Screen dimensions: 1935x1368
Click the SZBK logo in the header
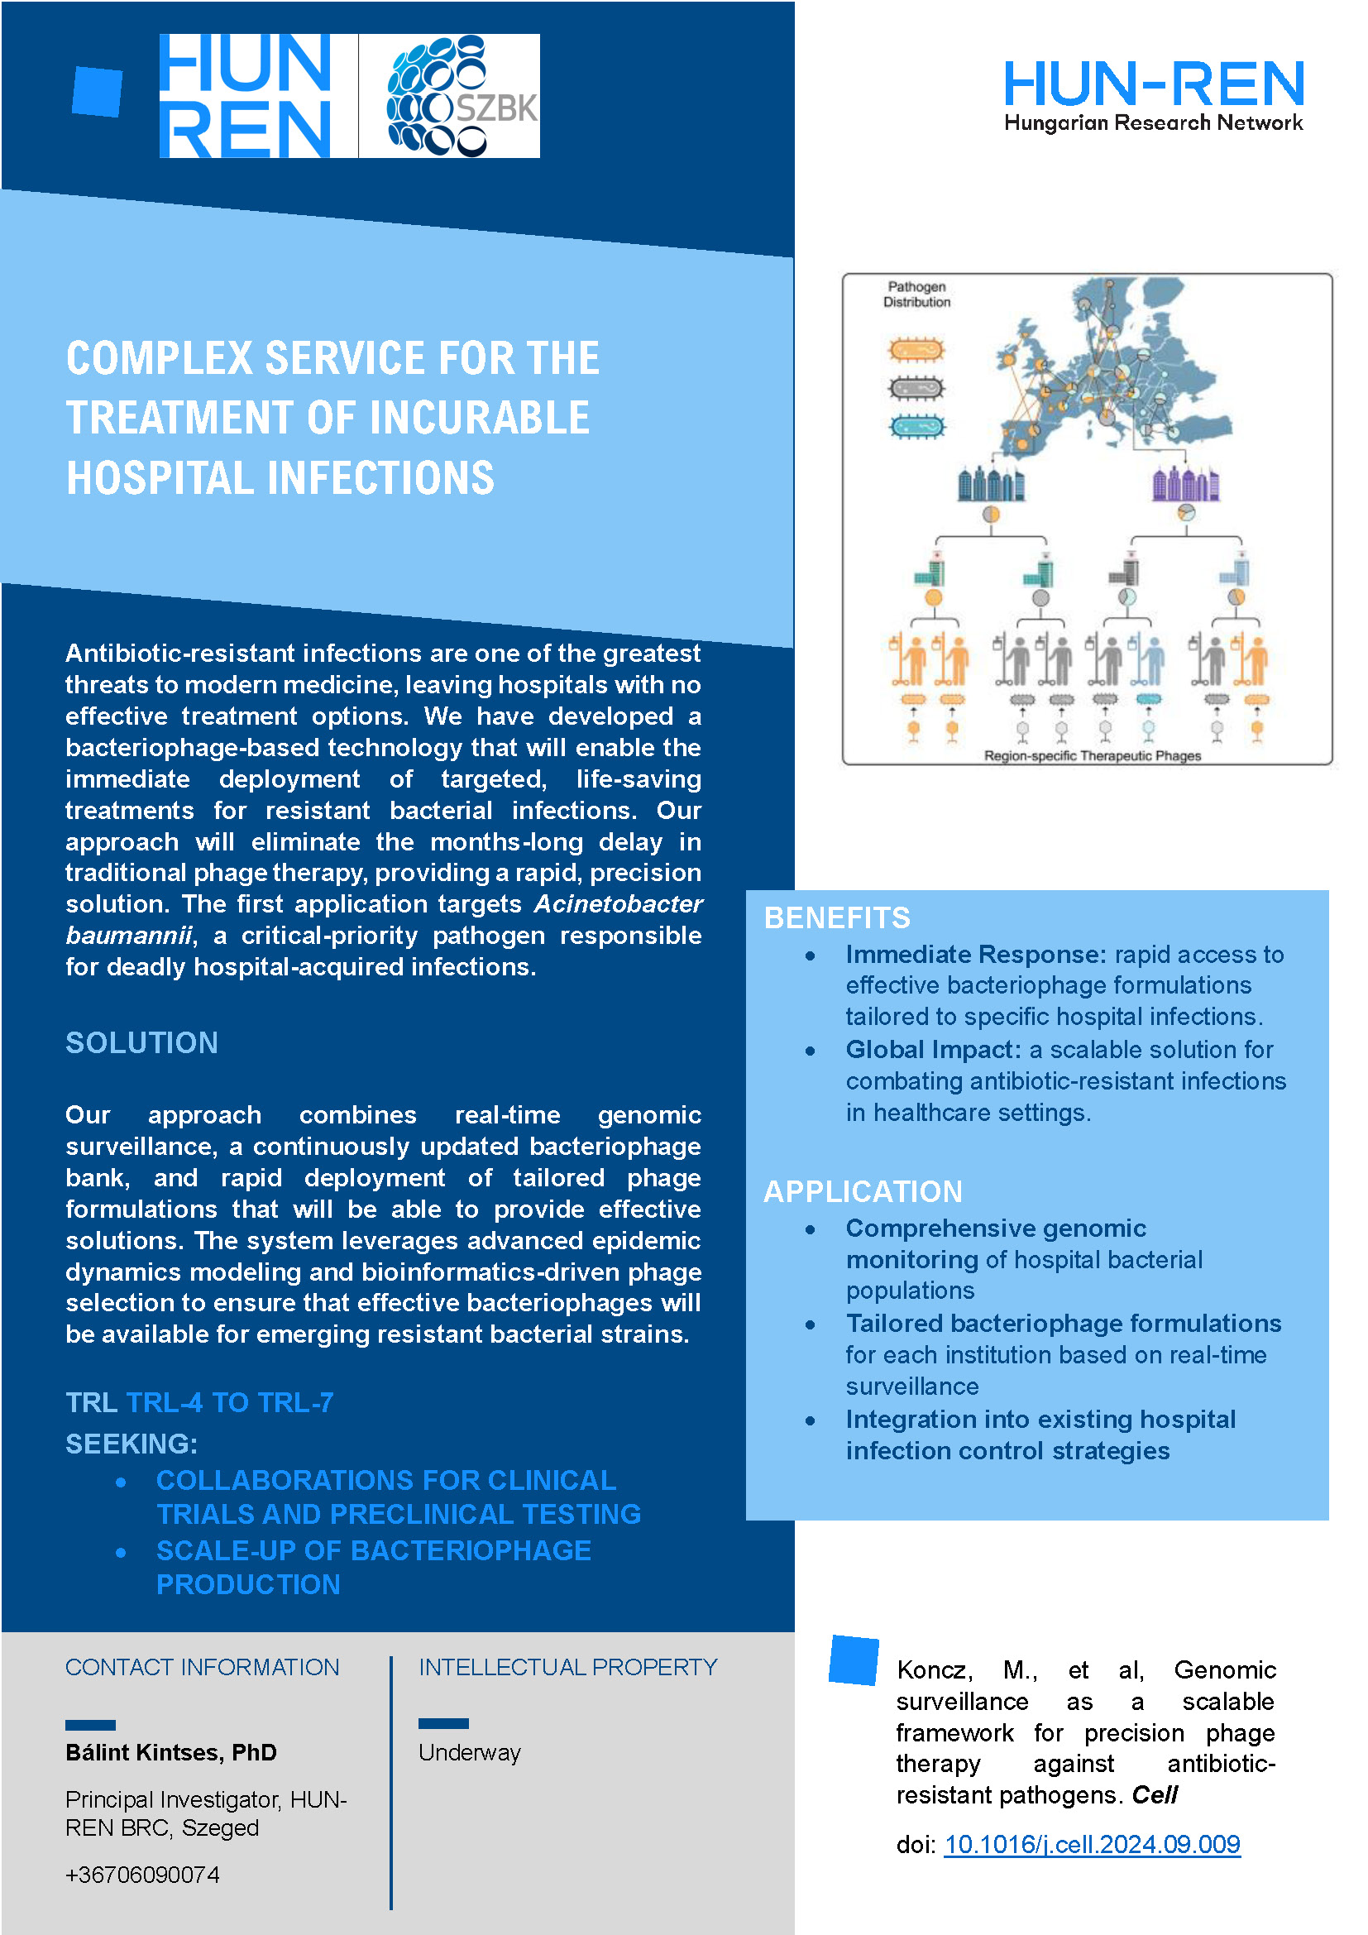(x=450, y=96)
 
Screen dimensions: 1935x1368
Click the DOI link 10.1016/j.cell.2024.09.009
(x=1092, y=1844)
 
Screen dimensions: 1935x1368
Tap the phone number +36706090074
(x=142, y=1875)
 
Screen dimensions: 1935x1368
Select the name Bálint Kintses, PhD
(x=171, y=1752)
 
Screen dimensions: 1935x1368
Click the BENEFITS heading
(x=836, y=917)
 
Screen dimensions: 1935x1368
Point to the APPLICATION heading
(x=863, y=1191)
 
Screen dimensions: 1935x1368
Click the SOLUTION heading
(x=141, y=1042)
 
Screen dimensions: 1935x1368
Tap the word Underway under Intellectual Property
(x=469, y=1752)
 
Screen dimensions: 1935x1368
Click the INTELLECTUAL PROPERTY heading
(x=567, y=1667)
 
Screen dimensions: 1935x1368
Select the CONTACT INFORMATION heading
(x=202, y=1667)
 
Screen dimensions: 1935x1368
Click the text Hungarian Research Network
(x=1153, y=123)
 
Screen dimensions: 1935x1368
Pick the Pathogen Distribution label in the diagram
(x=916, y=295)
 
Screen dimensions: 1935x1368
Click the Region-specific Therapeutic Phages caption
(x=1093, y=756)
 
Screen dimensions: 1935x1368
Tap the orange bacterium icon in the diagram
(x=916, y=349)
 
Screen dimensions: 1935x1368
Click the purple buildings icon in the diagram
(x=1185, y=484)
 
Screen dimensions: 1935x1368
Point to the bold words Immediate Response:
(x=975, y=954)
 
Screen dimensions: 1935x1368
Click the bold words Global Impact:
(x=933, y=1049)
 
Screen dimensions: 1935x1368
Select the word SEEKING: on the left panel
(x=132, y=1444)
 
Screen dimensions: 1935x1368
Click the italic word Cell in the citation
(x=1154, y=1795)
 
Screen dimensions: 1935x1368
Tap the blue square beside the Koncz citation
(x=854, y=1660)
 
